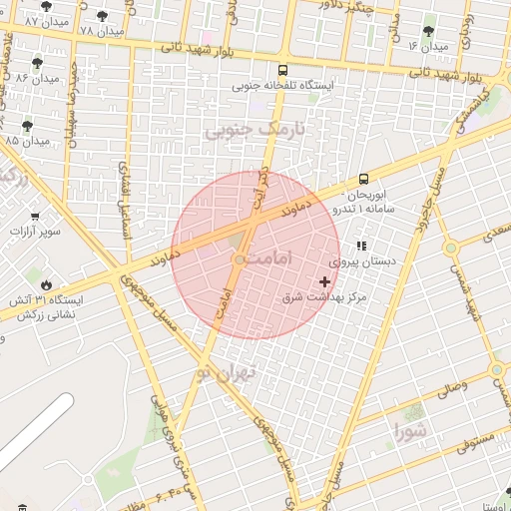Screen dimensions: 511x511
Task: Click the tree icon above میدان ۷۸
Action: click(103, 16)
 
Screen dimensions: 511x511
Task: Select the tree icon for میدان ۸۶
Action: click(38, 63)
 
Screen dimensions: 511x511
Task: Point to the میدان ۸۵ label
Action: click(27, 141)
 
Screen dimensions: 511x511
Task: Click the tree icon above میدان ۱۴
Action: click(429, 32)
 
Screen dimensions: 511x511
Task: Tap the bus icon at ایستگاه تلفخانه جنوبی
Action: click(283, 71)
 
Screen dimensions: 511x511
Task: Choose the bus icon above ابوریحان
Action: click(362, 178)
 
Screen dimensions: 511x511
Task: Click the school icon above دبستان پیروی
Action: click(361, 246)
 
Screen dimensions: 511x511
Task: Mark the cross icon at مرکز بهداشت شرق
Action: click(324, 282)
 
